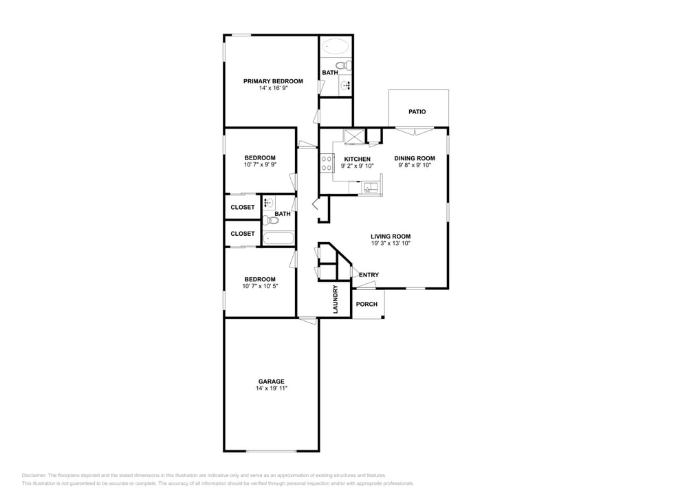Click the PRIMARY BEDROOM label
pos(273,81)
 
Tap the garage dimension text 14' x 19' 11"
pos(271,388)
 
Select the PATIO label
pos(417,111)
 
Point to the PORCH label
pos(367,304)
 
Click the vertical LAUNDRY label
pos(336,300)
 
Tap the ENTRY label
pos(369,275)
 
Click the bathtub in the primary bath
pos(336,47)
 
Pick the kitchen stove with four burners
pos(326,163)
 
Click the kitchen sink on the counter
pos(370,187)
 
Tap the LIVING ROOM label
pos(391,236)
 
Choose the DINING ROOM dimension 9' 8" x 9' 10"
pos(415,166)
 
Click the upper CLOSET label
pos(243,207)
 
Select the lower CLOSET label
pos(243,234)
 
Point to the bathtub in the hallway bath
pos(278,239)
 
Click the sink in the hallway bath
pos(269,203)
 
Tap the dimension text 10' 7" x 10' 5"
pos(260,286)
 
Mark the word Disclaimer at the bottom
pos(34,475)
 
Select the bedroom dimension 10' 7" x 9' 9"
pos(260,165)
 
